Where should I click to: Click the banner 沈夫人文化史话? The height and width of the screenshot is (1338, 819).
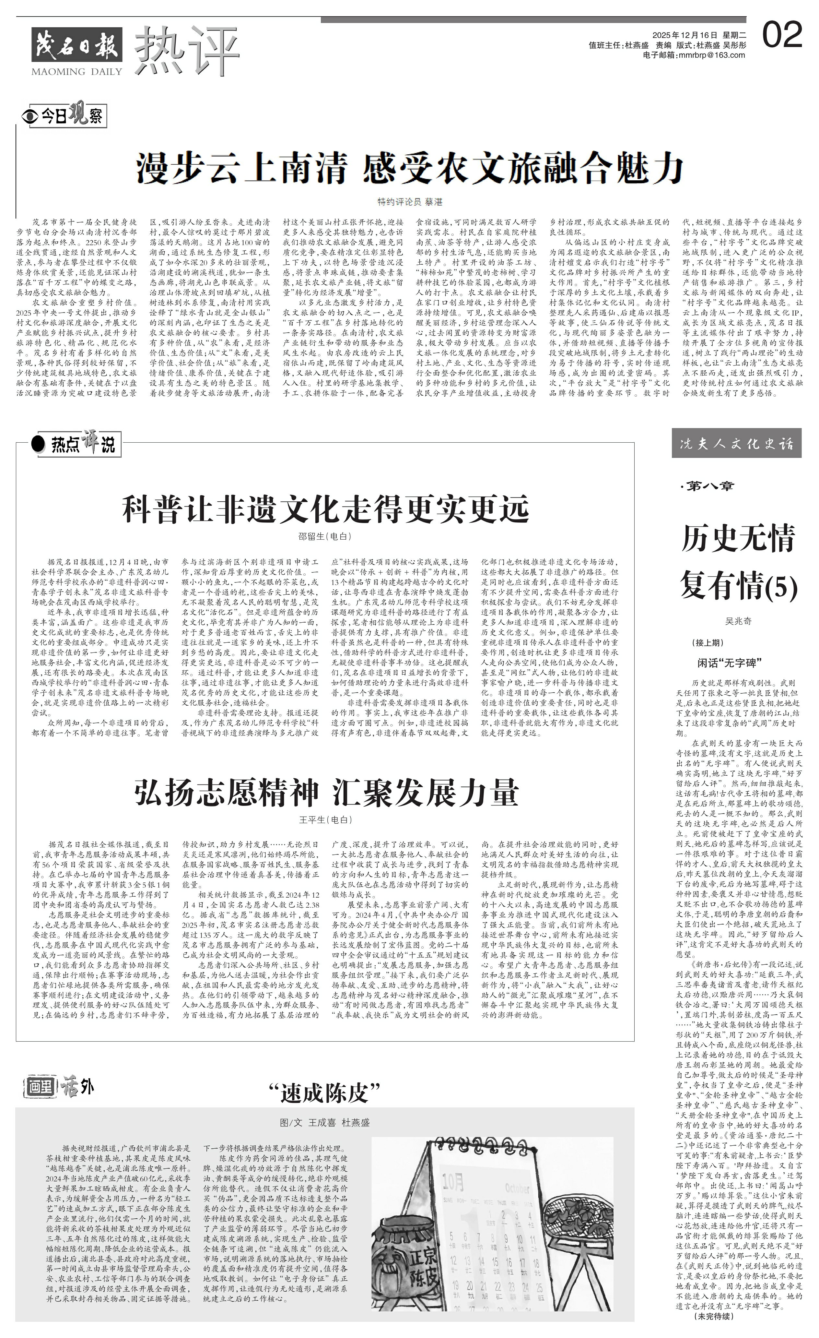click(736, 444)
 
